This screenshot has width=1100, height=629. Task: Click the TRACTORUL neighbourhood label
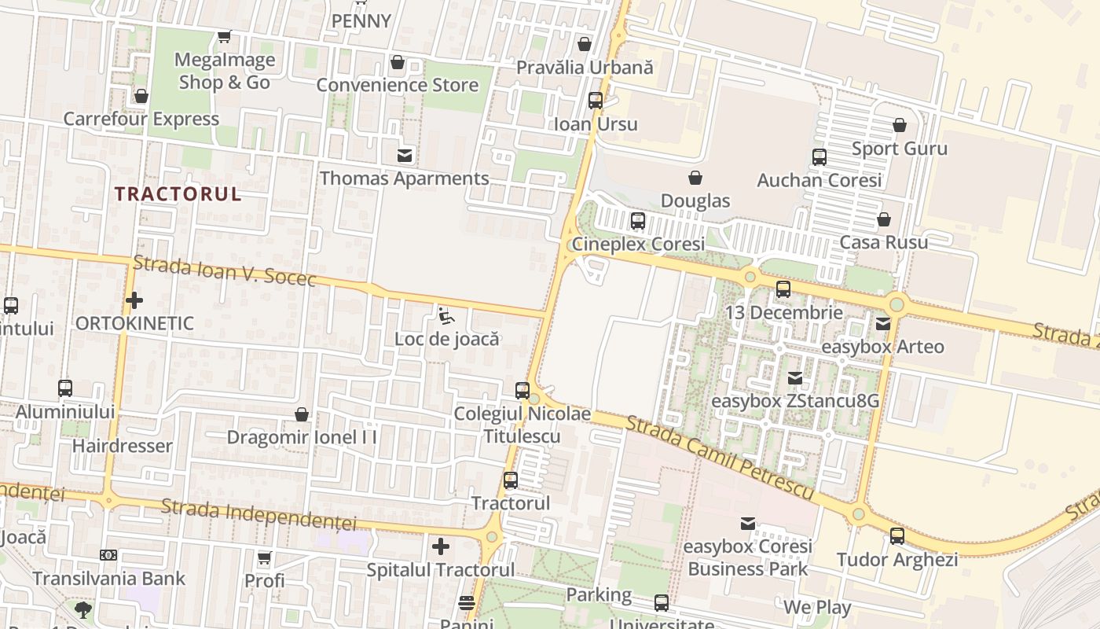tap(178, 194)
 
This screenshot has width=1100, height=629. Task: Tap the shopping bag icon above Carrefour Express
tap(141, 96)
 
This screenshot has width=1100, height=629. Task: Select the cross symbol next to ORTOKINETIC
tap(134, 300)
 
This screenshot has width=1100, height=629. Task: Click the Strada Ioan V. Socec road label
tap(225, 271)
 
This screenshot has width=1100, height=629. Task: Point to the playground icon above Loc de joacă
tap(446, 316)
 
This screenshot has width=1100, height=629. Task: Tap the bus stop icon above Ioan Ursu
tap(596, 101)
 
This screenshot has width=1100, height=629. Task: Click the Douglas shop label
tap(695, 201)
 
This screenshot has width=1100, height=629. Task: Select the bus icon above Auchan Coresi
tap(819, 157)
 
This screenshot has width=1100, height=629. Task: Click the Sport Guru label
tap(900, 149)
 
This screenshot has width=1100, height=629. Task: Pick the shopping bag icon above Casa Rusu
tap(884, 219)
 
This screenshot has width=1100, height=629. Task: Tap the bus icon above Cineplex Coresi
tap(638, 221)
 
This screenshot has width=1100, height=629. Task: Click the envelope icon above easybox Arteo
tap(882, 323)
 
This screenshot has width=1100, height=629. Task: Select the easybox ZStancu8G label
tap(794, 401)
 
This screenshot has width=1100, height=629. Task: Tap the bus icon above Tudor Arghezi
tap(897, 537)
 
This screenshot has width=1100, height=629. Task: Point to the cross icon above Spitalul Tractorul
tap(441, 546)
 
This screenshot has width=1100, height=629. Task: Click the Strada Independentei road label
tap(258, 516)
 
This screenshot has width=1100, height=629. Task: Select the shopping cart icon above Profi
tap(265, 558)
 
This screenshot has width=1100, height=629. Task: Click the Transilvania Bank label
tap(108, 579)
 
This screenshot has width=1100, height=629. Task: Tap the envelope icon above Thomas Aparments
tap(405, 155)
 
